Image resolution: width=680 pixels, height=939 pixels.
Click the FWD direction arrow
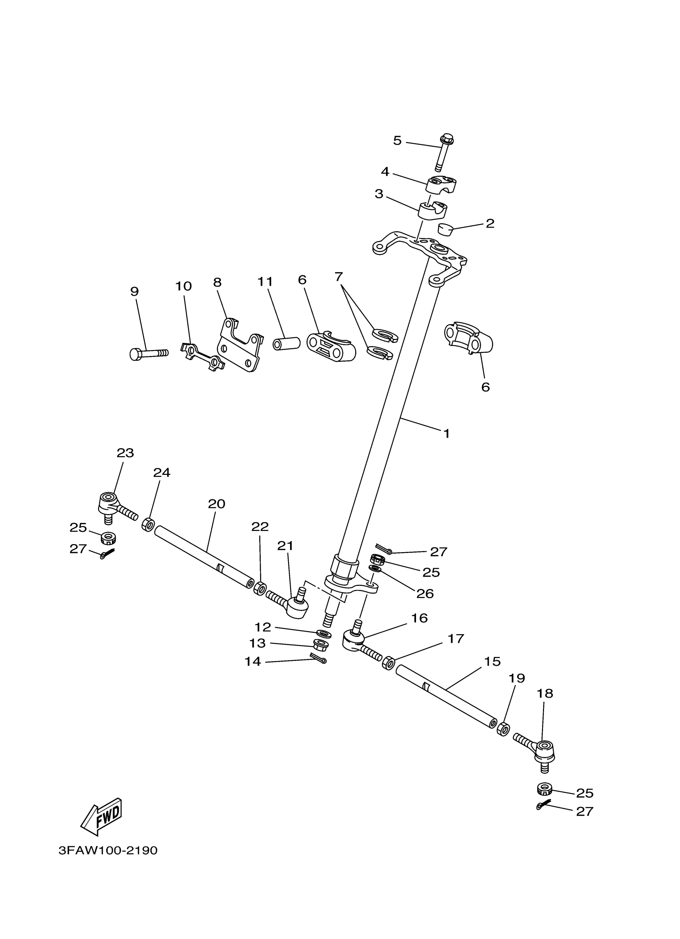click(x=101, y=821)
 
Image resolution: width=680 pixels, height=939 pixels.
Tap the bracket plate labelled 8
click(x=240, y=346)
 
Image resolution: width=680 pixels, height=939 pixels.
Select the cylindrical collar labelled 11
click(x=286, y=343)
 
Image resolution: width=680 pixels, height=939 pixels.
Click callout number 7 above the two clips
click(x=339, y=276)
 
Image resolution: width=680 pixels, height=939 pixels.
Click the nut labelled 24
click(x=148, y=525)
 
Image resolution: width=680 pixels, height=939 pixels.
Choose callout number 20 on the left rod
click(x=216, y=504)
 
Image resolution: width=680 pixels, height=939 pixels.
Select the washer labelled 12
click(x=324, y=634)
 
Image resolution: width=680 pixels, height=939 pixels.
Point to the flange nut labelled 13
click(x=321, y=645)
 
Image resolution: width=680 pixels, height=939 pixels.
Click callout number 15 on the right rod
click(x=492, y=662)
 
